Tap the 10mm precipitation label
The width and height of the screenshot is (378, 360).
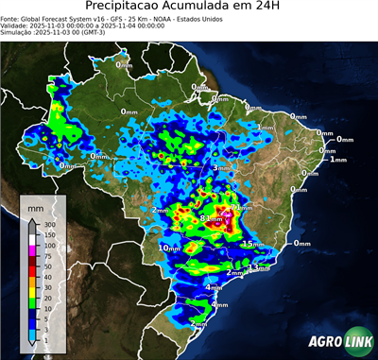pos(168,248)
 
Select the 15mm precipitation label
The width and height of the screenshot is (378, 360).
pos(252,244)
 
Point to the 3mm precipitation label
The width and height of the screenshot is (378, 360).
pos(221,168)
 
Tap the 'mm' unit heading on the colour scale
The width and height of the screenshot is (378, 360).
pos(35,205)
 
